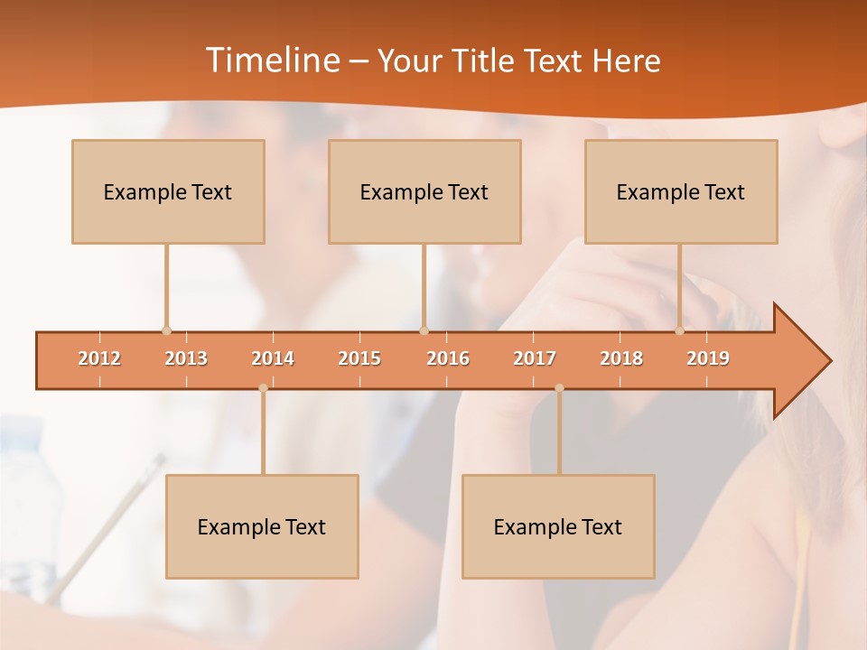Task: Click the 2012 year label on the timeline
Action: pyautogui.click(x=99, y=358)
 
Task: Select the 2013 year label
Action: pyautogui.click(x=186, y=358)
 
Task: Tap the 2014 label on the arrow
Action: pyautogui.click(x=273, y=358)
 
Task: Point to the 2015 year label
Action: pyautogui.click(x=359, y=358)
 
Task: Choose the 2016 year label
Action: pyautogui.click(x=448, y=358)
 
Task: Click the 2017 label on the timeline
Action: pyautogui.click(x=535, y=358)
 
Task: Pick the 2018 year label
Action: pyautogui.click(x=621, y=358)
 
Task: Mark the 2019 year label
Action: pyautogui.click(x=708, y=358)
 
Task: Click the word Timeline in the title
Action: pyautogui.click(x=272, y=60)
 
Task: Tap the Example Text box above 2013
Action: pyautogui.click(x=168, y=191)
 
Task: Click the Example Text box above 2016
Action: pyautogui.click(x=424, y=191)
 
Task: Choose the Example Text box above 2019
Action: pyautogui.click(x=681, y=191)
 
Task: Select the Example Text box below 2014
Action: pyautogui.click(x=262, y=526)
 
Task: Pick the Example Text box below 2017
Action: pyautogui.click(x=558, y=526)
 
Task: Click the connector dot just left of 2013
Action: pyautogui.click(x=166, y=331)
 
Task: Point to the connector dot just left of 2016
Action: pyautogui.click(x=424, y=331)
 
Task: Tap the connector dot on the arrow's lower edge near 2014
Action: pyautogui.click(x=263, y=388)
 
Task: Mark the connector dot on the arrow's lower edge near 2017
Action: pyautogui.click(x=559, y=388)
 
